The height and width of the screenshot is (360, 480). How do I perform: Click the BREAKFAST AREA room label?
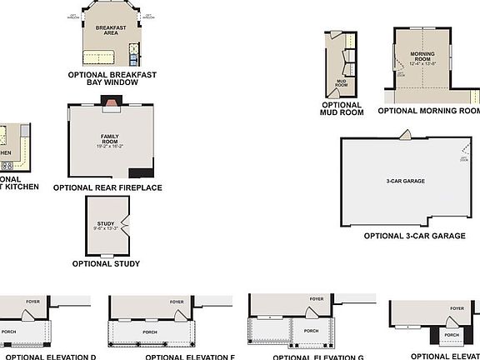110,31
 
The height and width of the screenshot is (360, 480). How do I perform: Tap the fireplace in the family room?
110,102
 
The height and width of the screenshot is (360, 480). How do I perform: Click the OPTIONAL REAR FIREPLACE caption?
107,187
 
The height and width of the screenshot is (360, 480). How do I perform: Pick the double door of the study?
124,222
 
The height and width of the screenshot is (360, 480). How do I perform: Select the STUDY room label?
105,225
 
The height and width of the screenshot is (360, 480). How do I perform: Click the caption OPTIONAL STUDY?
106,264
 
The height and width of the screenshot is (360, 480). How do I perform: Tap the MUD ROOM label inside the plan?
341,83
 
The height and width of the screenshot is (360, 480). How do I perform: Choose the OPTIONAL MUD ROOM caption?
342,108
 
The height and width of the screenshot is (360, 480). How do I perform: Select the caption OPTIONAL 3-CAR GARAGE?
414,237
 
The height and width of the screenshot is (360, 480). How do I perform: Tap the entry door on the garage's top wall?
404,134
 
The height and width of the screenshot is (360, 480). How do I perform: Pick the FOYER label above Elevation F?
177,302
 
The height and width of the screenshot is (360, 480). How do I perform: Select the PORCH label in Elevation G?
311,331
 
